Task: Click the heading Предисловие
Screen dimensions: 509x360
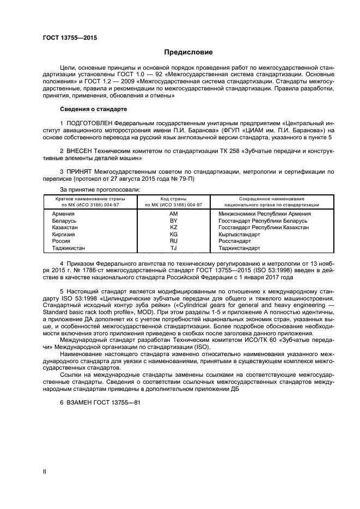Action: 188,52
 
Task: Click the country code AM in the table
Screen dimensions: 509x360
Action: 174,214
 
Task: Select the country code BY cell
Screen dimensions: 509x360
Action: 174,220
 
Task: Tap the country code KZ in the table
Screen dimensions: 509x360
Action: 174,227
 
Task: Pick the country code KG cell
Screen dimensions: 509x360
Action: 174,234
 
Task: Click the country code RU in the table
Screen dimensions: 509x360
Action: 174,241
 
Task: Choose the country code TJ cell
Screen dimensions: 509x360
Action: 174,248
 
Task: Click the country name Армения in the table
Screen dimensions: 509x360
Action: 63,214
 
